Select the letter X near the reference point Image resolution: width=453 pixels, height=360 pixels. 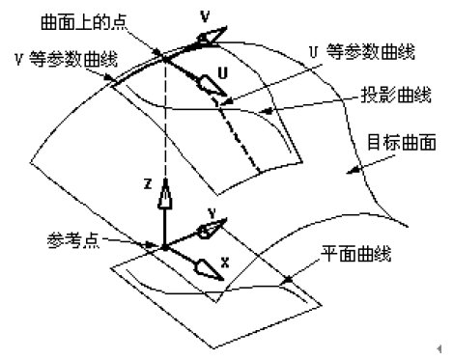tap(224, 260)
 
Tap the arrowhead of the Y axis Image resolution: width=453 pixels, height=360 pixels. tap(211, 229)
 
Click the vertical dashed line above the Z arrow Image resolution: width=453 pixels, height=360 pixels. tap(165, 125)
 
